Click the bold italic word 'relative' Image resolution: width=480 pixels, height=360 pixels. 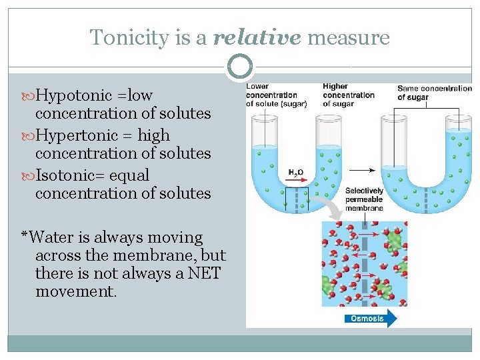click(x=257, y=37)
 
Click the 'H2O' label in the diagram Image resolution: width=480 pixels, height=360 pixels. click(x=295, y=173)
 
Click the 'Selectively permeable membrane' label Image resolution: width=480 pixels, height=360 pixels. click(x=364, y=199)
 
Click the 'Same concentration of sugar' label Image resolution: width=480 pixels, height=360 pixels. click(x=434, y=93)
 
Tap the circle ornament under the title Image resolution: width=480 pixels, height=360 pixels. click(x=240, y=67)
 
